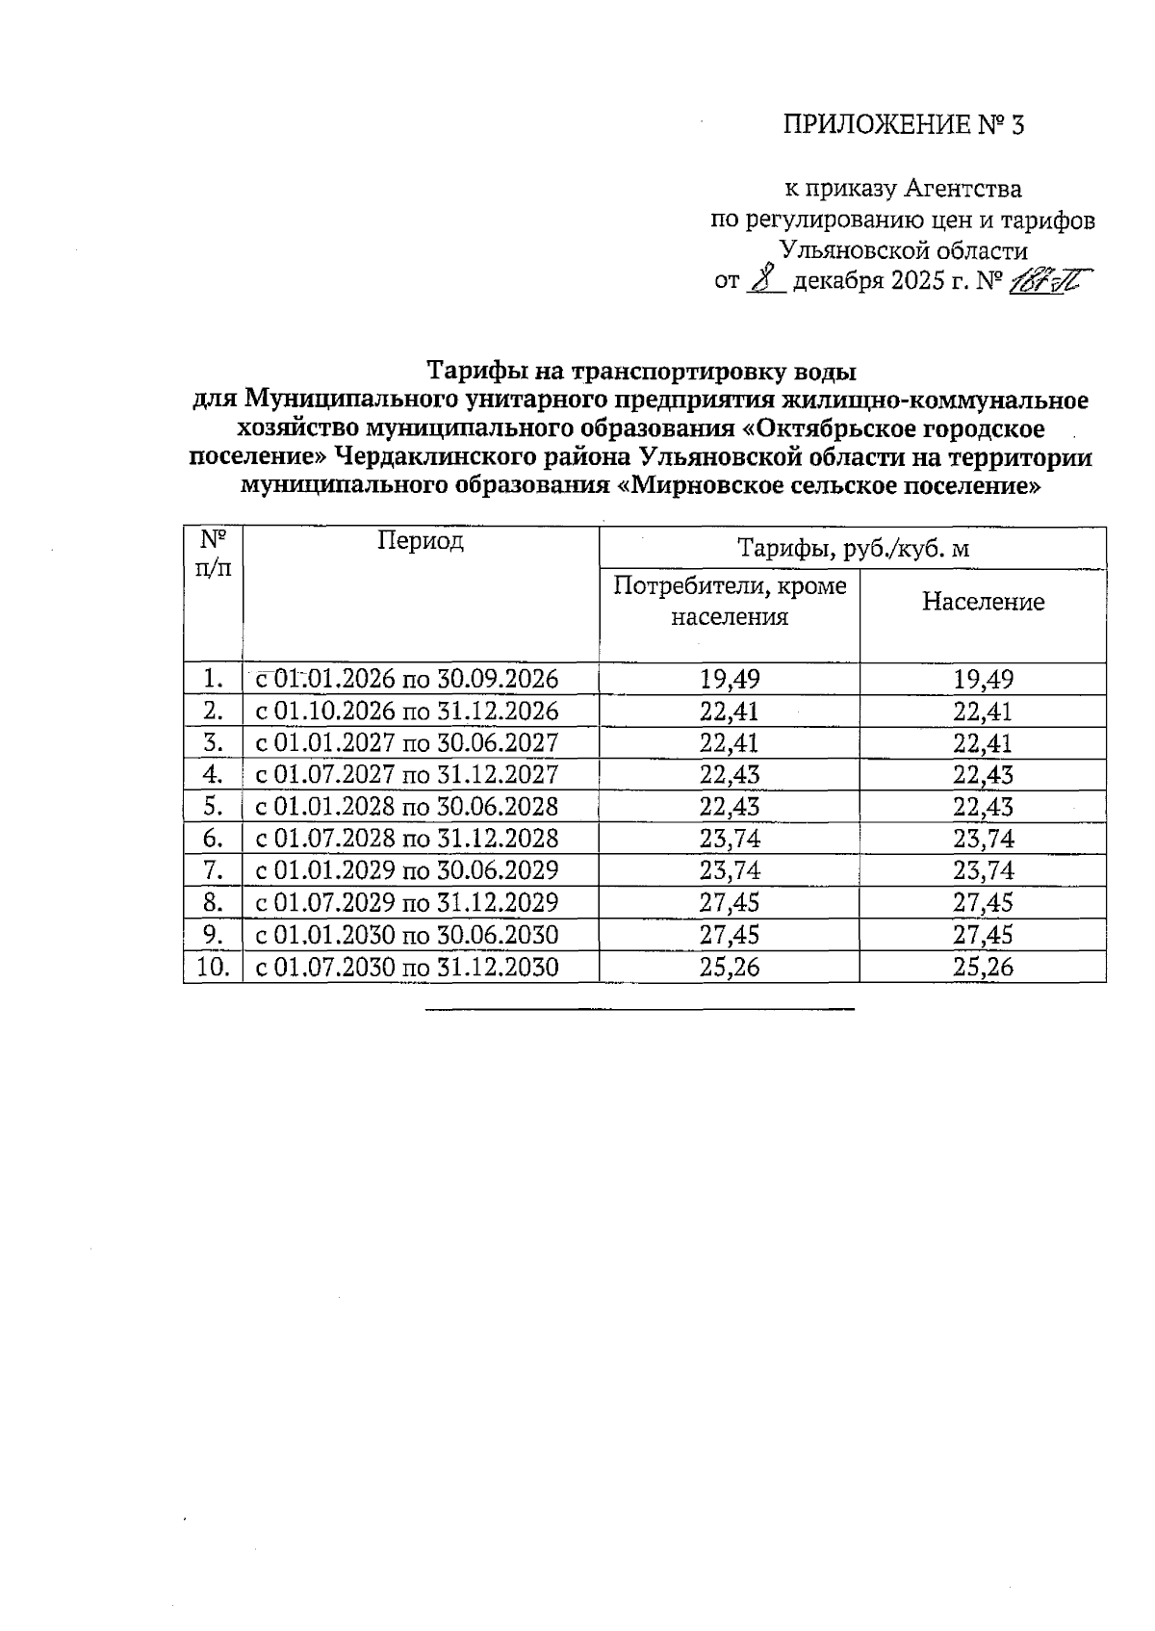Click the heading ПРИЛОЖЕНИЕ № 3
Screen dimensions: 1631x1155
pyautogui.click(x=904, y=125)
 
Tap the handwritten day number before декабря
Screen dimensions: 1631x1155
pyautogui.click(x=765, y=280)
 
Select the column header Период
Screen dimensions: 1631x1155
pyautogui.click(x=421, y=541)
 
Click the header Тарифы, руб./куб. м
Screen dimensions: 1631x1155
pyautogui.click(x=853, y=549)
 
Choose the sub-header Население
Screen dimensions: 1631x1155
pyautogui.click(x=983, y=603)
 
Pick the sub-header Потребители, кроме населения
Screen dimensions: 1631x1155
pyautogui.click(x=730, y=602)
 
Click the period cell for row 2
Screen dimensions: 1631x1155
pyautogui.click(x=406, y=712)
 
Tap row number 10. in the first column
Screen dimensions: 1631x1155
pyautogui.click(x=213, y=968)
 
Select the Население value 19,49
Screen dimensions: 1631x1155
pyautogui.click(x=983, y=680)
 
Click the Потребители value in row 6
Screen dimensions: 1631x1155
pyautogui.click(x=730, y=839)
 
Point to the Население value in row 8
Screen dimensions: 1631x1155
pyautogui.click(x=983, y=903)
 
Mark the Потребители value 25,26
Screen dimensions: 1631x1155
pyautogui.click(x=730, y=968)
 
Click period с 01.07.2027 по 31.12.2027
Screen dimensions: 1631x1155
pyautogui.click(x=406, y=775)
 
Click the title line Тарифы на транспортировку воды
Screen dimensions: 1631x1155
pyautogui.click(x=641, y=371)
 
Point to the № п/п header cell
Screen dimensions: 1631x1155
pyautogui.click(x=213, y=553)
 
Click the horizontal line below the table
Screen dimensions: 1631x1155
pyautogui.click(x=639, y=1009)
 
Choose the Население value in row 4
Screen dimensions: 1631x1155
pyautogui.click(x=983, y=775)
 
